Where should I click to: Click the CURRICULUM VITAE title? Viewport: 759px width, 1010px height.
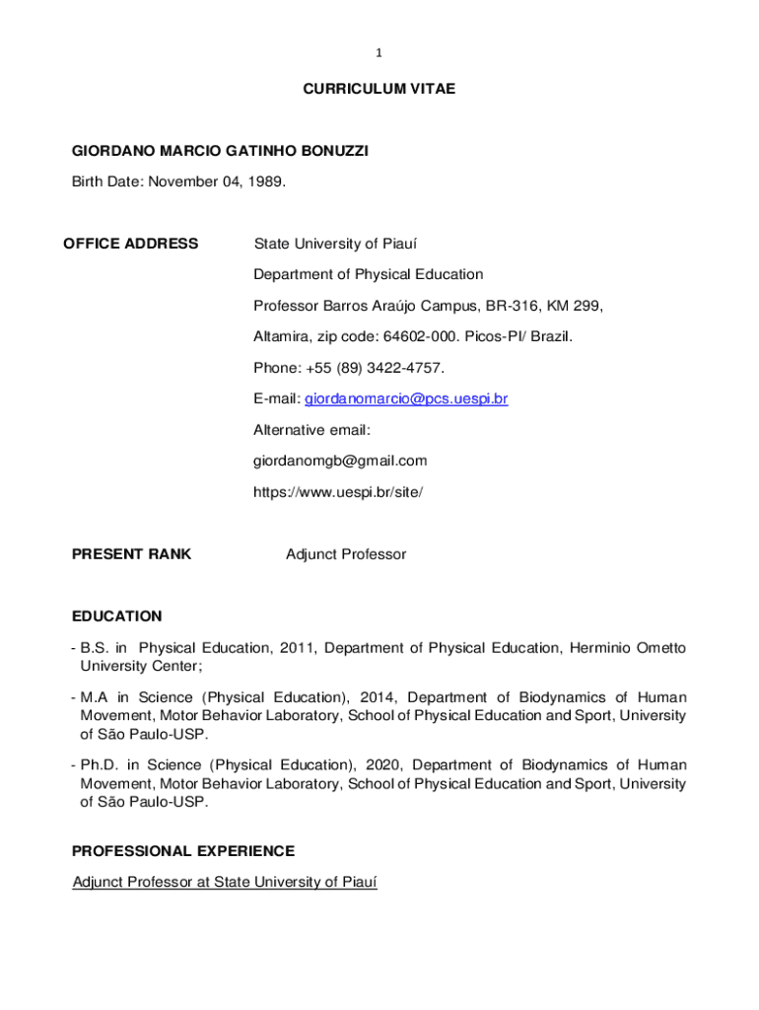pyautogui.click(x=379, y=89)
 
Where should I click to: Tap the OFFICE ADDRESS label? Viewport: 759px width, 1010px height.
pyautogui.click(x=130, y=244)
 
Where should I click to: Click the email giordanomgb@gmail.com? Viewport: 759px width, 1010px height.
pyautogui.click(x=340, y=461)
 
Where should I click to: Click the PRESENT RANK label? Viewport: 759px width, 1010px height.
pyautogui.click(x=131, y=554)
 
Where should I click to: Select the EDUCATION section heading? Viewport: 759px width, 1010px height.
pyautogui.click(x=116, y=616)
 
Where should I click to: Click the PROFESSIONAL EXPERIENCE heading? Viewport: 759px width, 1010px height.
pyautogui.click(x=183, y=850)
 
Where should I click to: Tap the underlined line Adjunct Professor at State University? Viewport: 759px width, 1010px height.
pyautogui.click(x=225, y=882)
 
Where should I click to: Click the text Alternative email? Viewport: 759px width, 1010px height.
pyautogui.click(x=311, y=430)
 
